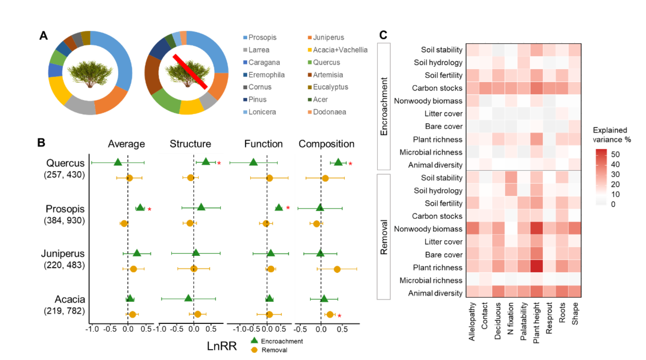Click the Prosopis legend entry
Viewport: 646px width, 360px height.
pyautogui.click(x=260, y=38)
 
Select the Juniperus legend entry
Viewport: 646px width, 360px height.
pyautogui.click(x=326, y=38)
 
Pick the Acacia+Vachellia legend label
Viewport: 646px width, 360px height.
pyautogui.click(x=338, y=50)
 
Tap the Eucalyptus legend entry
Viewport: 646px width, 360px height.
pyautogui.click(x=328, y=87)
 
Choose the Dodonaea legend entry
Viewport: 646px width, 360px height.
pyautogui.click(x=327, y=112)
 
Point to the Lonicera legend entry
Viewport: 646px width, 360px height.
pyautogui.click(x=260, y=112)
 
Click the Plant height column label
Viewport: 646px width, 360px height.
pyautogui.click(x=536, y=322)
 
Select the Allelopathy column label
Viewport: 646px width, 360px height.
pyautogui.click(x=472, y=321)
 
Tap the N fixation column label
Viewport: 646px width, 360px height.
pyautogui.click(x=510, y=318)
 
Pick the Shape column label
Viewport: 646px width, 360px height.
pyautogui.click(x=575, y=314)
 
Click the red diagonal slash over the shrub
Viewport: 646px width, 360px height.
pyautogui.click(x=190, y=72)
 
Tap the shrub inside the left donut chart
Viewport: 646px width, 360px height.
pyautogui.click(x=90, y=73)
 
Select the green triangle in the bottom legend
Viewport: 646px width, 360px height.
pyautogui.click(x=254, y=340)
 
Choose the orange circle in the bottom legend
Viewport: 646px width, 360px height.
pyautogui.click(x=254, y=350)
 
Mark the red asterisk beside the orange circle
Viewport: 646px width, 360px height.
pyautogui.click(x=339, y=316)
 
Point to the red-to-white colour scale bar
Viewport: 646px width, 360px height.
pyautogui.click(x=601, y=177)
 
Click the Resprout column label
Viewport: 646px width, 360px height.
pyautogui.click(x=549, y=318)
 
